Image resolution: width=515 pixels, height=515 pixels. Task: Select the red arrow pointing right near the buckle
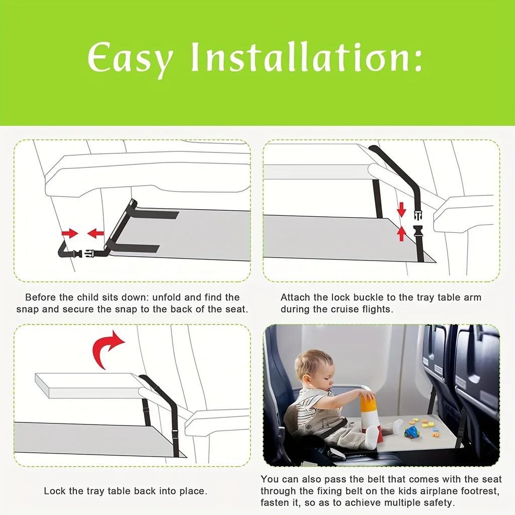70,233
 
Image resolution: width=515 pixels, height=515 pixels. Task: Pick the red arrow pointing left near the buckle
96,233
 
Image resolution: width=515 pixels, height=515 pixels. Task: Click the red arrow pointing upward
401,233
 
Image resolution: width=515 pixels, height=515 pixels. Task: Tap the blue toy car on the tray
411,432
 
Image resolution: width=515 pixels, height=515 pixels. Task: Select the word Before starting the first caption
40,297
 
